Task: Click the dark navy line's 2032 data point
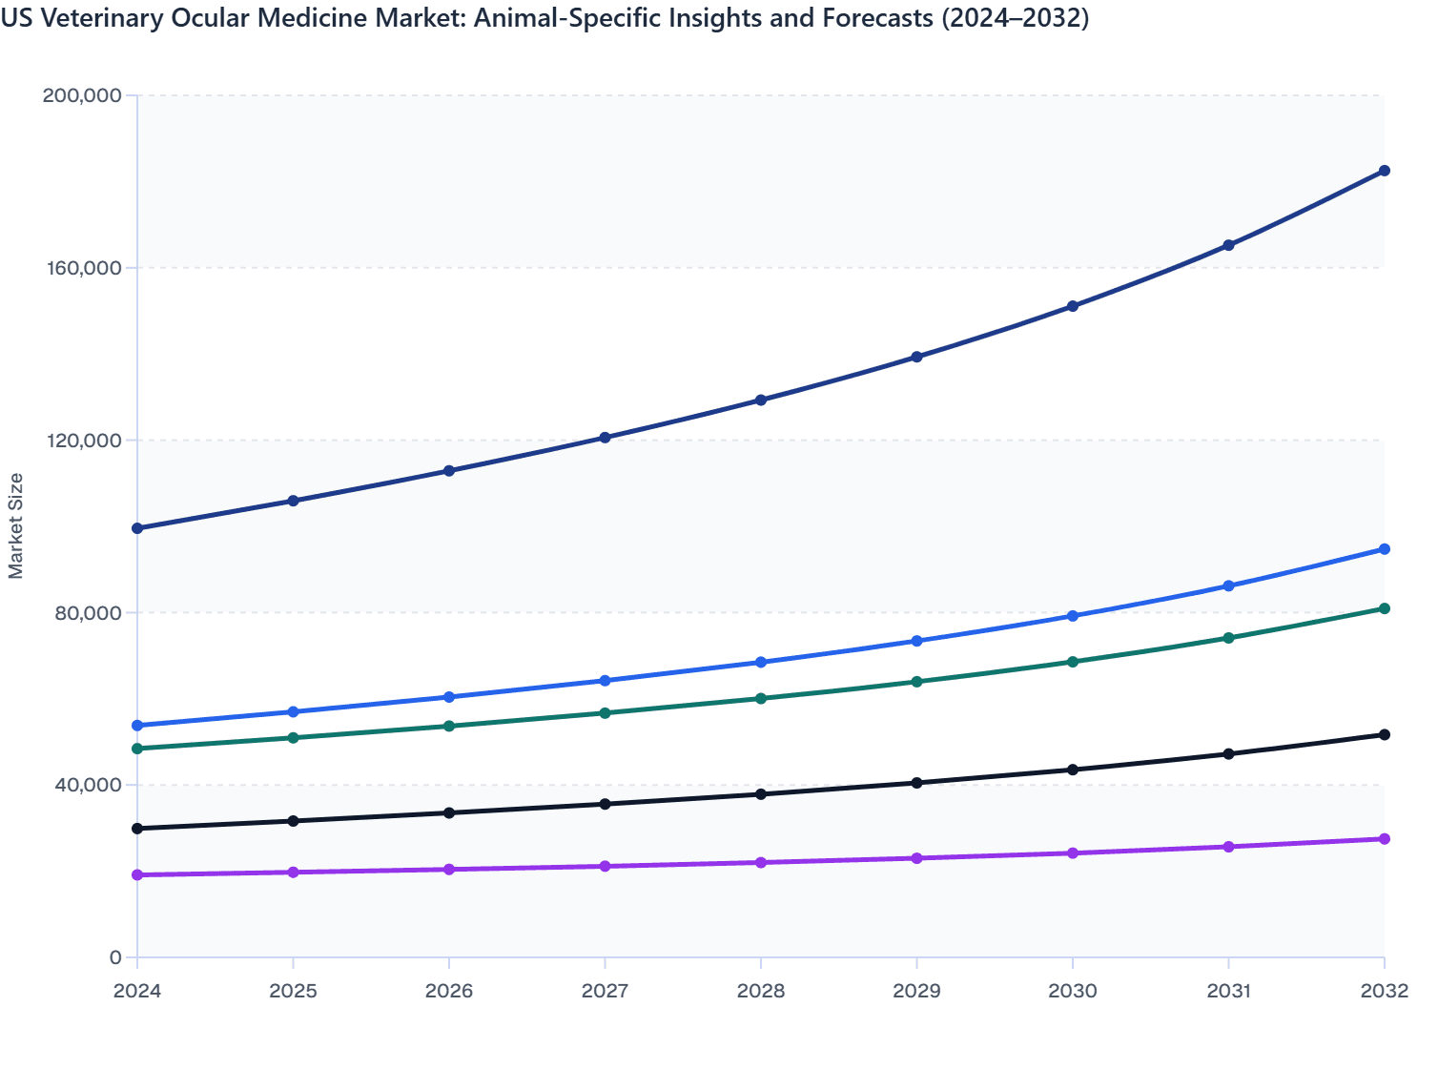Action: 1384,171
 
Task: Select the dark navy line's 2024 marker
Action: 137,528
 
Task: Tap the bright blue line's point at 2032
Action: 1384,549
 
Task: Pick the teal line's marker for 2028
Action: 761,698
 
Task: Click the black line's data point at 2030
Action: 1073,770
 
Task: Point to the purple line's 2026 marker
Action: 449,870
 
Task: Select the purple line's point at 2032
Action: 1384,839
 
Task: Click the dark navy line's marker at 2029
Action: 916,357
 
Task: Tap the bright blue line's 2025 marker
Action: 294,712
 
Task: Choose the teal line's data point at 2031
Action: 1228,638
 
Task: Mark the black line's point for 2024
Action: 137,829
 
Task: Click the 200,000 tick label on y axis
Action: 82,95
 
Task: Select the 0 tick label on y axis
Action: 115,957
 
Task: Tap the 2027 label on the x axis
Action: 605,991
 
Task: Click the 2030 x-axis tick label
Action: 1073,991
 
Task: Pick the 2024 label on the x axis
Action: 137,991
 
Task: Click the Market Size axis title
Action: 15,525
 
